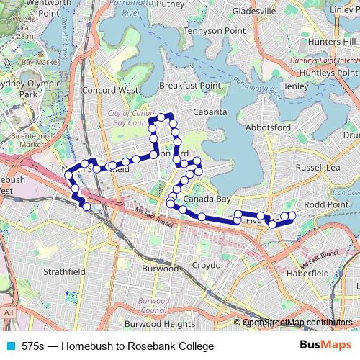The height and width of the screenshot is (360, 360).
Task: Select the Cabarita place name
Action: click(x=210, y=112)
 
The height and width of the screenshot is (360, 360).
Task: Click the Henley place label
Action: click(x=294, y=86)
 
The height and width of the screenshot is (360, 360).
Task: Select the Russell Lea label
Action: click(x=318, y=167)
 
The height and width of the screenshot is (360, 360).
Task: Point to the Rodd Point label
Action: click(x=325, y=204)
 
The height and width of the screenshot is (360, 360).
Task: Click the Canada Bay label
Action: click(x=207, y=198)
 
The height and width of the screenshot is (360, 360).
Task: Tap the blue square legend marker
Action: click(x=9, y=346)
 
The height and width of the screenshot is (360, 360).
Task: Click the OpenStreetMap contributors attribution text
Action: click(x=298, y=323)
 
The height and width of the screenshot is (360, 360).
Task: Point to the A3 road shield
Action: click(x=7, y=313)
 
